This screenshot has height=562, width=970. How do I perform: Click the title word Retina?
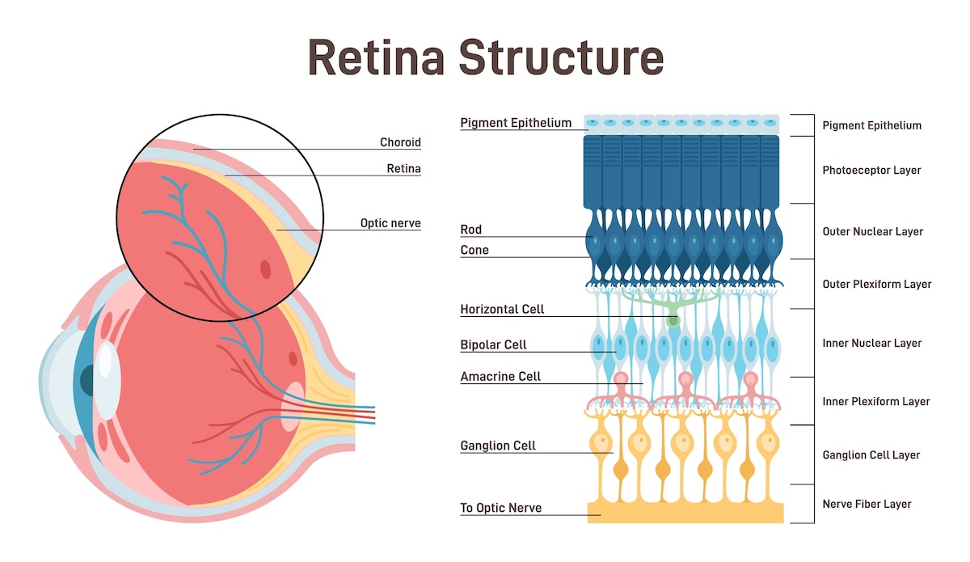(x=376, y=57)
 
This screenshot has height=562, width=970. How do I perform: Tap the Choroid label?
(x=400, y=142)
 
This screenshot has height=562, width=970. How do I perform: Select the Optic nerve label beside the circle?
(x=390, y=223)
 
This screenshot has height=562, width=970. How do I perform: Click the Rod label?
(x=470, y=230)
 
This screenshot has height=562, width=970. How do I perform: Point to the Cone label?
(x=474, y=250)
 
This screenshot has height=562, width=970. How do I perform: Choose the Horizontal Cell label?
(x=502, y=309)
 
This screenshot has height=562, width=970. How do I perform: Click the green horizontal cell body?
(x=673, y=321)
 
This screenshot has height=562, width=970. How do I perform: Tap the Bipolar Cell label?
(x=493, y=344)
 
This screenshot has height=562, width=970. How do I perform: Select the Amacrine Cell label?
(x=500, y=377)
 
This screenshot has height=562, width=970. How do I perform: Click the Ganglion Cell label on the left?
(x=498, y=446)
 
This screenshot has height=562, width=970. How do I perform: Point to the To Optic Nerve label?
(x=500, y=508)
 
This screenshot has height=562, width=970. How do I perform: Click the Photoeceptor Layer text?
(x=871, y=171)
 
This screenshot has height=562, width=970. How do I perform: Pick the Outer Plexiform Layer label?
(x=876, y=284)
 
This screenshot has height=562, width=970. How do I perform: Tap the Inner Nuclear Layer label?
(x=871, y=343)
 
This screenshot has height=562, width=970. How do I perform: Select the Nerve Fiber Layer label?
(x=867, y=504)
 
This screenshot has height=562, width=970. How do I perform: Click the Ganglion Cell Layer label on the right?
(x=871, y=455)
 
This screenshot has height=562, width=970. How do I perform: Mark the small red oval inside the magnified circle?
(x=266, y=268)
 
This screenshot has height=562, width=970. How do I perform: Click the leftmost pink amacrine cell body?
(x=621, y=380)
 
